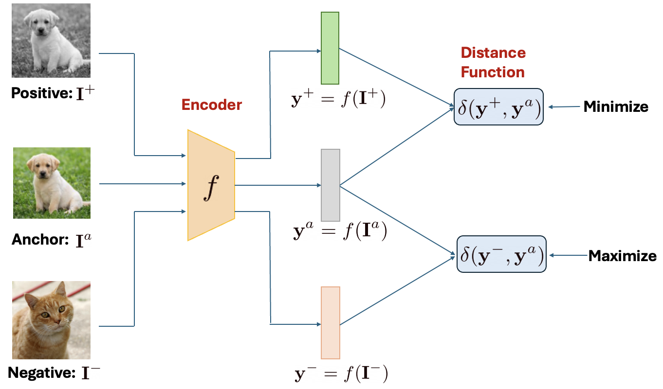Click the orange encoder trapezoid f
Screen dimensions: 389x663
click(211, 185)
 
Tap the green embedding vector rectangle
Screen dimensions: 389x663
click(330, 48)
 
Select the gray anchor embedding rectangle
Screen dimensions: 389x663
click(331, 185)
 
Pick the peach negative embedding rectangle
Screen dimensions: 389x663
click(331, 322)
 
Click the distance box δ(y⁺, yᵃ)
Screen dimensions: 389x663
click(498, 107)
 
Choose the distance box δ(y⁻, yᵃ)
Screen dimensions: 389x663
click(501, 254)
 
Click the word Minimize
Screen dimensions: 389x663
click(615, 107)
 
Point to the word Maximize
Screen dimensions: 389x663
click(622, 256)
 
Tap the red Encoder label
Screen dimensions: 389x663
click(211, 105)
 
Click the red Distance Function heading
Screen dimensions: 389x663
click(493, 62)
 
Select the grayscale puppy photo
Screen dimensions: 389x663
click(51, 40)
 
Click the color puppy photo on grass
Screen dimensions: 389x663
click(52, 183)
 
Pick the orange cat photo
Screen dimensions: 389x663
click(52, 320)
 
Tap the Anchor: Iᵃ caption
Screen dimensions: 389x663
click(52, 240)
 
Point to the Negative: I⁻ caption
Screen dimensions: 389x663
click(54, 373)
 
